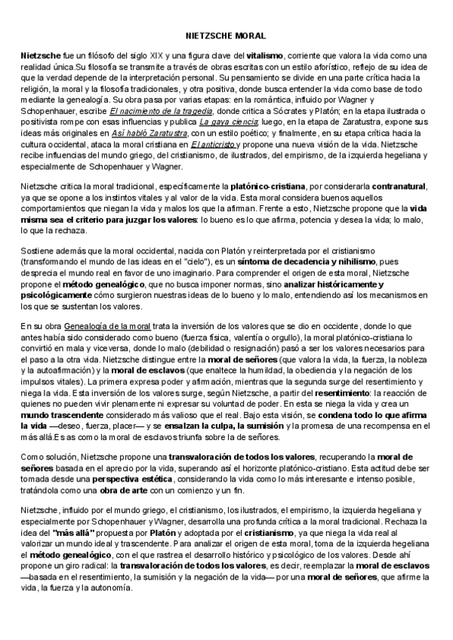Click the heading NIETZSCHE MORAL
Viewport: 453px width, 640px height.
(226, 35)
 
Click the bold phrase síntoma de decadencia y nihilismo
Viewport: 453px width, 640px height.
(312, 258)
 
